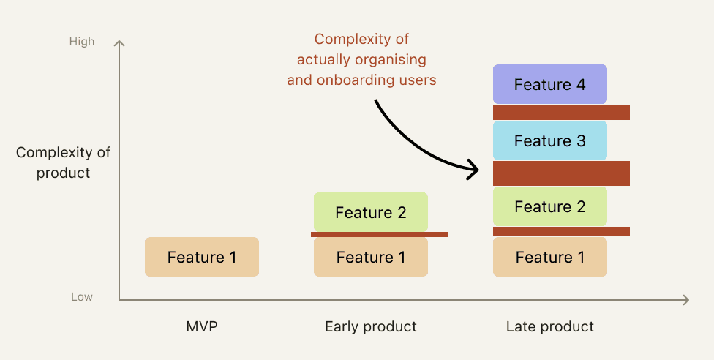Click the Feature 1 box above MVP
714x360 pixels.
(202, 257)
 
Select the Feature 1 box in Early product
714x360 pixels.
(371, 257)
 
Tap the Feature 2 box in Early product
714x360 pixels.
(371, 212)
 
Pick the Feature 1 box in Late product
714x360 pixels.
(550, 257)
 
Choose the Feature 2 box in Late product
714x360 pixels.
(550, 206)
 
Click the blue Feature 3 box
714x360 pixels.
(550, 140)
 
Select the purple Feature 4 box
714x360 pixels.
(550, 84)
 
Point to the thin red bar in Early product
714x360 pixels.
(379, 235)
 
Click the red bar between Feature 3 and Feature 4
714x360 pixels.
(561, 113)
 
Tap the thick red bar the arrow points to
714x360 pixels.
(561, 173)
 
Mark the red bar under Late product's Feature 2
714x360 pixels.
(561, 231)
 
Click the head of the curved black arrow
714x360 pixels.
(476, 170)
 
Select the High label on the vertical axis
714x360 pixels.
(82, 42)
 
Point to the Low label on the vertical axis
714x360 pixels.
(82, 297)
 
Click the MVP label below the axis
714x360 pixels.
(202, 327)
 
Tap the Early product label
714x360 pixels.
(371, 327)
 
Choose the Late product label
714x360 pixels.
(550, 327)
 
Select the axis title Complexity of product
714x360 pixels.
(63, 162)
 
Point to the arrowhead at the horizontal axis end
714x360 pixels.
(685, 300)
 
